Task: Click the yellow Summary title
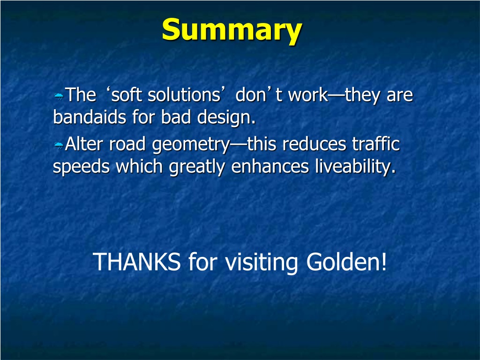(x=232, y=30)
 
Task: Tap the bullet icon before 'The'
(x=59, y=97)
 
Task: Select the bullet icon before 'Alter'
(x=59, y=145)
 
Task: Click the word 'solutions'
(x=184, y=95)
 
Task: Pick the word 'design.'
(x=226, y=118)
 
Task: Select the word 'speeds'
(x=81, y=167)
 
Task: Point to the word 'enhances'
(x=270, y=166)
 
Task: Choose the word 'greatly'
(x=197, y=167)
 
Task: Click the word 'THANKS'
(x=136, y=262)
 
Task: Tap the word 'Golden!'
(x=346, y=262)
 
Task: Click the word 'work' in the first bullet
(x=308, y=95)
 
